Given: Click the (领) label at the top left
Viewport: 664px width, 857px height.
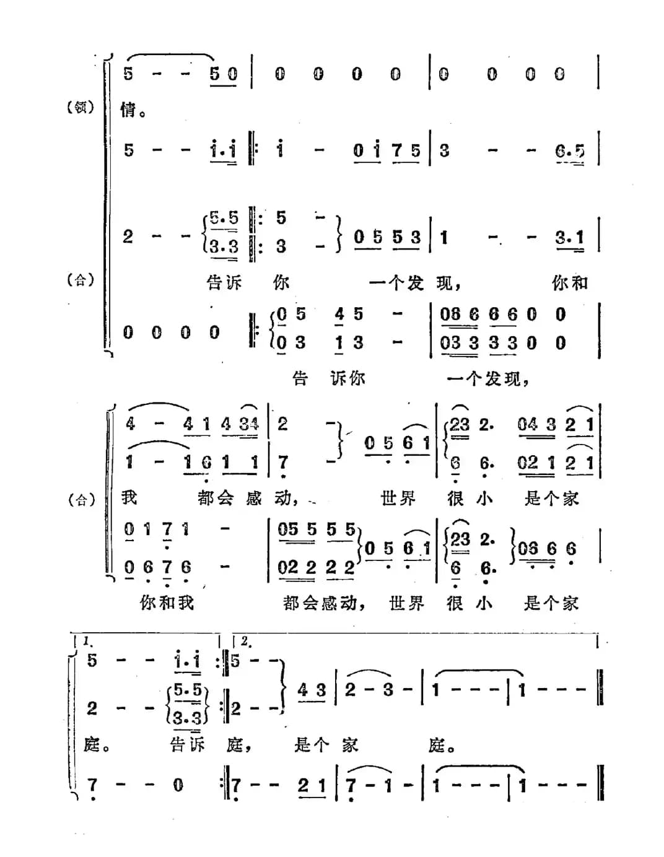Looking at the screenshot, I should coord(81,107).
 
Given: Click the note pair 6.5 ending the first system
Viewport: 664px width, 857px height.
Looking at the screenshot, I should coord(570,152).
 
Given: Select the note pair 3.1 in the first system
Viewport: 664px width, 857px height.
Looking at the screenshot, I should coord(570,238).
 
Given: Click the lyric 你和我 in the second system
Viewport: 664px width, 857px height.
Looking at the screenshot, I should coord(167,602).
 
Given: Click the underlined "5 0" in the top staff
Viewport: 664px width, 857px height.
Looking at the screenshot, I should coord(224,75).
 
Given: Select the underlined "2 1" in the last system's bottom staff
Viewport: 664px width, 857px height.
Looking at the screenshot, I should coord(312,786).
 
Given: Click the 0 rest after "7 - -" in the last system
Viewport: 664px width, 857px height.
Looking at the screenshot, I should coord(178,786).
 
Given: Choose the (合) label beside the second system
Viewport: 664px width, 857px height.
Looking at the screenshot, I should coord(81,499).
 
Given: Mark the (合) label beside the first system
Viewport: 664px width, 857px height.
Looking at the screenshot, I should coord(81,281).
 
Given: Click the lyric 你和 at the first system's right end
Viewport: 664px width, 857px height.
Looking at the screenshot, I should coord(570,283).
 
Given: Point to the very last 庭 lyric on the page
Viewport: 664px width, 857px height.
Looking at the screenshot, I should coord(437,745).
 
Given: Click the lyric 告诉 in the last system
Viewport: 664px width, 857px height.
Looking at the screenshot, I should coord(187,745).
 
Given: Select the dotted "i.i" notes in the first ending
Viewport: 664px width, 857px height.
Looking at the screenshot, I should coord(188,661).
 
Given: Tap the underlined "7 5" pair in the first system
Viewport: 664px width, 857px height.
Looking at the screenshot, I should coord(406,151).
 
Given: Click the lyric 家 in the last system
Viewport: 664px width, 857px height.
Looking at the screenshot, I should coord(350,745).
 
